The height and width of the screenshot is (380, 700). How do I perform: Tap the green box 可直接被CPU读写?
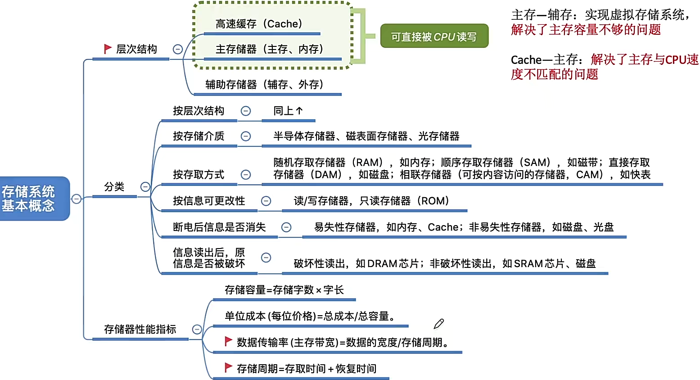pos(434,36)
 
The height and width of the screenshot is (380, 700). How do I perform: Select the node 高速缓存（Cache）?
pos(259,24)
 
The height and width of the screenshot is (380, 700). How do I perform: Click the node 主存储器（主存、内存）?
pos(269,49)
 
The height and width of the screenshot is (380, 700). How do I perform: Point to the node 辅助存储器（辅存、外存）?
pos(264,85)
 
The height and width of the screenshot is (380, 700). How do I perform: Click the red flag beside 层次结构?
pos(108,49)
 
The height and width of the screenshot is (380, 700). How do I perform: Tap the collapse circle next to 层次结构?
pos(178,49)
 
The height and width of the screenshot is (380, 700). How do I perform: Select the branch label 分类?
pos(114,187)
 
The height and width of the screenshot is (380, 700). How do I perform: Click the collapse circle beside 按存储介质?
pos(246,136)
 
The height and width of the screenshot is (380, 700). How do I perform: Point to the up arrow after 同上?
pos(299,111)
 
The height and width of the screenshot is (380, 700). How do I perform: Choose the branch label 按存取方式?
pos(199,175)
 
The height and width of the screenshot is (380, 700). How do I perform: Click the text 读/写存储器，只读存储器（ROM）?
pos(371,201)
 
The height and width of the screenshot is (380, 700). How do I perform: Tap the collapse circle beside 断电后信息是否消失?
pos(286,227)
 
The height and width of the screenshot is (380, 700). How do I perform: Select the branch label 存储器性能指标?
pos(140,330)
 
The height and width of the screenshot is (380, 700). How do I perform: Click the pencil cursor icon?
pos(438,324)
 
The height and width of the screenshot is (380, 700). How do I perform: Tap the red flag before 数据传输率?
pos(228,341)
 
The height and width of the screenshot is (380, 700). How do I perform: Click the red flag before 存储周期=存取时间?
pos(228,368)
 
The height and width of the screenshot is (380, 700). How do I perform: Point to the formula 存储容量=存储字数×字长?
pos(284,290)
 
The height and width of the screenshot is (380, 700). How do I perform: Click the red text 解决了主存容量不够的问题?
pos(586,30)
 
